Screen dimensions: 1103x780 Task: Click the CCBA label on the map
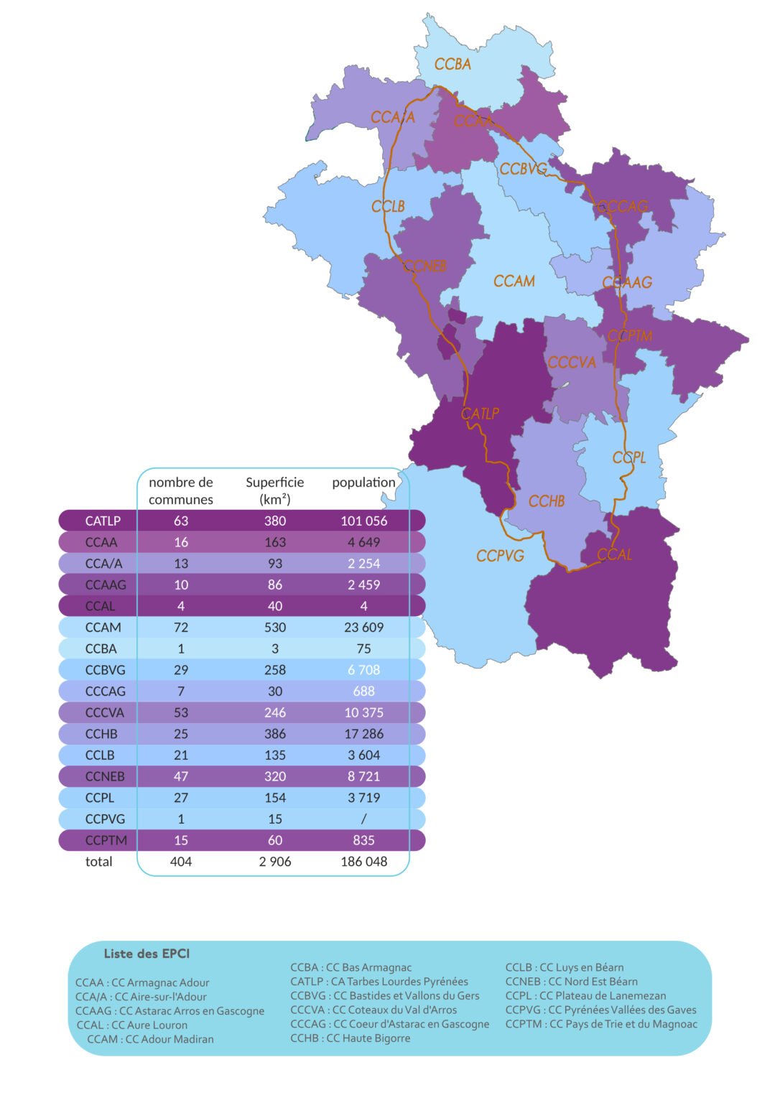coord(452,65)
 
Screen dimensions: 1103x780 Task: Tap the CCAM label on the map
coord(514,281)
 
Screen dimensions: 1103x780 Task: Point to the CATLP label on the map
coord(479,414)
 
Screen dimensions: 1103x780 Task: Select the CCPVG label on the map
coord(500,556)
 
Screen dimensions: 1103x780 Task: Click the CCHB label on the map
coord(546,501)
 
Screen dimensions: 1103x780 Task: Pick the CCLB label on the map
coord(388,207)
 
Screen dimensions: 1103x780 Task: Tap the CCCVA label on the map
coord(572,363)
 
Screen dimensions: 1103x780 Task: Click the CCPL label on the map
coord(628,457)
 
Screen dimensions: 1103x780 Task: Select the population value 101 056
coord(363,521)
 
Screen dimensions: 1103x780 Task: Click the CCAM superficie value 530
coord(275,627)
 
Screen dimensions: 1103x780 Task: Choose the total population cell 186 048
coord(363,861)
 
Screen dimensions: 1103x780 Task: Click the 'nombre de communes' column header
coord(181,490)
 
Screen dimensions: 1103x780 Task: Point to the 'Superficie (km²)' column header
coord(275,490)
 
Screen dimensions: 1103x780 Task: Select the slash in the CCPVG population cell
coord(363,819)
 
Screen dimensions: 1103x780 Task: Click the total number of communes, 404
coord(181,861)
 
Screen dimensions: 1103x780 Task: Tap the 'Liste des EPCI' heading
coord(147,954)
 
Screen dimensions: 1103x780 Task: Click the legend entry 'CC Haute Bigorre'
coord(350,1038)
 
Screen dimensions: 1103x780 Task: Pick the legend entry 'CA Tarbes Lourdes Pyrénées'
coord(379,981)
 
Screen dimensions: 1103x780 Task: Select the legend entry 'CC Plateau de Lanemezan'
coord(585,995)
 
